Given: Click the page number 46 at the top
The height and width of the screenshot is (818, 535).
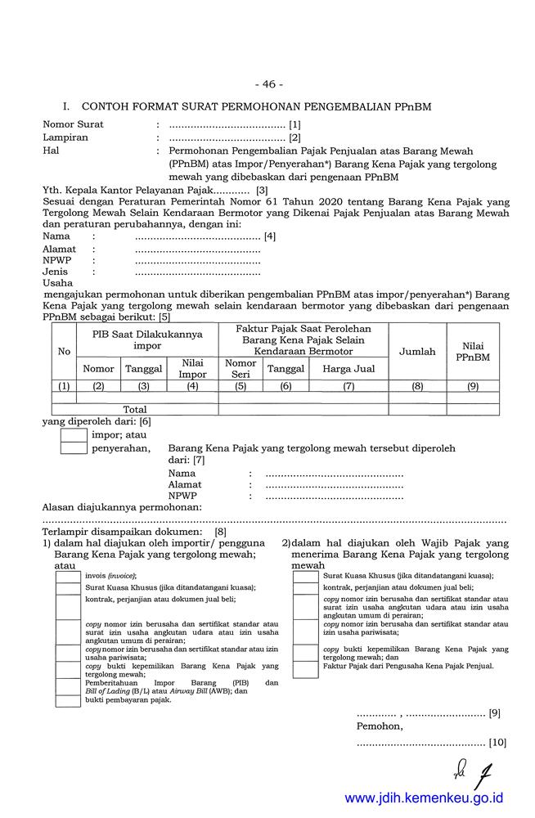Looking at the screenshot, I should pos(267,84).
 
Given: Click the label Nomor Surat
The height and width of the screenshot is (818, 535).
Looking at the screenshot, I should pos(73,124).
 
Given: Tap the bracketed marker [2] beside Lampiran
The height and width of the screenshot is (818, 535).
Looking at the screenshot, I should pos(295,137).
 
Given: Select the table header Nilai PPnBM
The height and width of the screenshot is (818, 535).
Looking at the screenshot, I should pos(472,352).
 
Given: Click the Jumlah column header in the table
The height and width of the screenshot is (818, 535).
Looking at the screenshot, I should pos(416,352).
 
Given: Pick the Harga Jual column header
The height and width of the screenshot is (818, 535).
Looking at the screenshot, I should pos(348,369).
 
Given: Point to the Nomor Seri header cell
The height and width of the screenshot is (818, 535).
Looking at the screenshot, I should pos(241,369).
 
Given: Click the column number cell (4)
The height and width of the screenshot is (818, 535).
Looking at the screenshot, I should pos(192,386).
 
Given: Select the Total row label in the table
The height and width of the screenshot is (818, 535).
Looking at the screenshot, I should pos(134,409).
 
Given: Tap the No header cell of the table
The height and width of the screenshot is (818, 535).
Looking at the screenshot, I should pos(63,352).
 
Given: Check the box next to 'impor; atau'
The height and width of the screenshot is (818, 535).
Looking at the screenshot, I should pos(74,436).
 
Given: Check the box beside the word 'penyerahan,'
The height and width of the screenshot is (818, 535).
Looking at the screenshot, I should pos(74,448).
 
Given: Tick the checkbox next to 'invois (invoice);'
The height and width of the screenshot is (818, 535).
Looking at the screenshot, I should pos(67,576).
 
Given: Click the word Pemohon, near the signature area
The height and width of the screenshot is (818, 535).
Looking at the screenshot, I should pos(380,726).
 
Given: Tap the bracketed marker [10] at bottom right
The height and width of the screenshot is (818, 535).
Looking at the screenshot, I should pos(497,743).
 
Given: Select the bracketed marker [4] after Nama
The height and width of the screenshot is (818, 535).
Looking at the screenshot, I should pos(269,236).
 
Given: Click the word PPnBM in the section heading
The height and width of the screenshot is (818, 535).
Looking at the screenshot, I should pos(412,107).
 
